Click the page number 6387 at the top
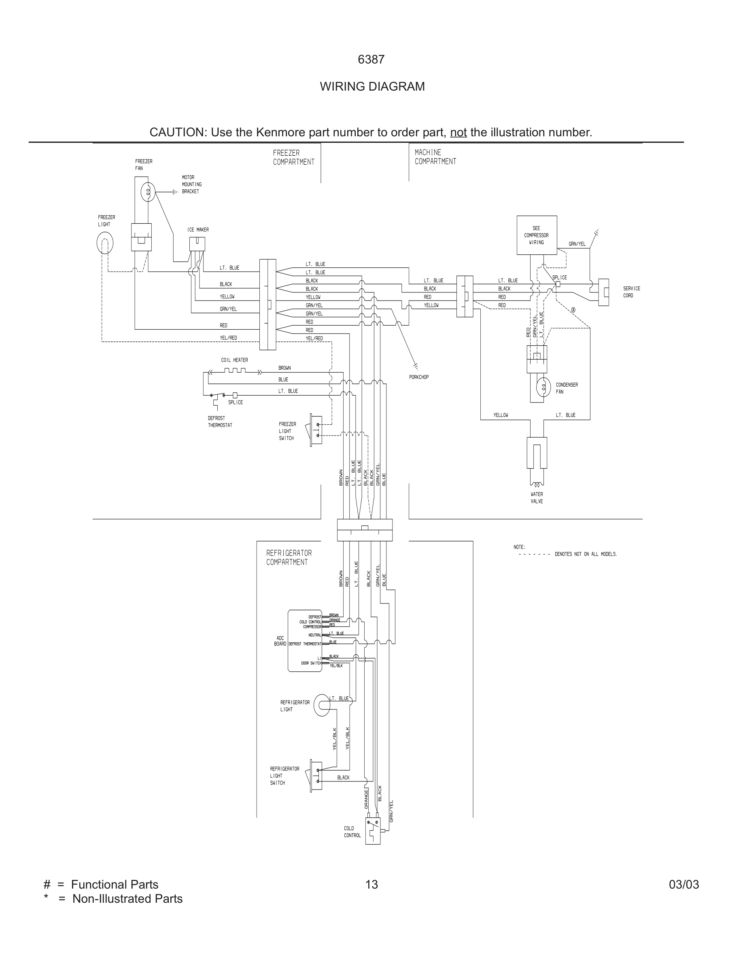point(371,60)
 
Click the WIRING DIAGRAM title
point(372,87)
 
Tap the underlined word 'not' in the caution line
point(458,132)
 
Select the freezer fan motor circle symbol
point(148,191)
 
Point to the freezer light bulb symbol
point(105,243)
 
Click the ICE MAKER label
point(197,230)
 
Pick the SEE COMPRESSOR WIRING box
point(537,235)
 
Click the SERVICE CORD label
point(632,292)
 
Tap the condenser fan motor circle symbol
point(543,387)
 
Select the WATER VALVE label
point(537,497)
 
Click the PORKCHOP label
point(418,377)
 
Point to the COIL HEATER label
point(234,360)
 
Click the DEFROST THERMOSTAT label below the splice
point(220,421)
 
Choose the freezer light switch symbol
point(316,430)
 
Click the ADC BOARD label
point(280,641)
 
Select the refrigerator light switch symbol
point(316,776)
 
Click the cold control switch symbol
point(373,830)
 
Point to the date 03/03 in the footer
point(684,885)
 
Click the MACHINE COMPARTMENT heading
point(435,157)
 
